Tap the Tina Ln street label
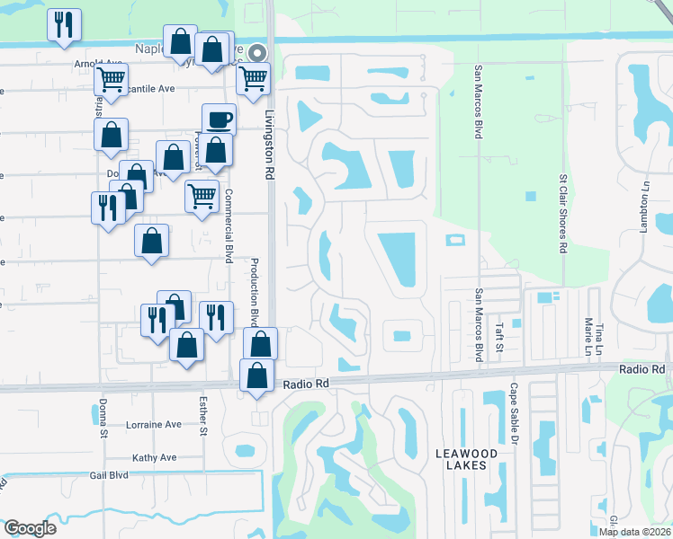click(x=599, y=334)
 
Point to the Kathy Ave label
click(x=155, y=457)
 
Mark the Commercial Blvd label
click(x=229, y=225)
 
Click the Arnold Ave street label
click(x=99, y=64)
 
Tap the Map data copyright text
click(x=635, y=532)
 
